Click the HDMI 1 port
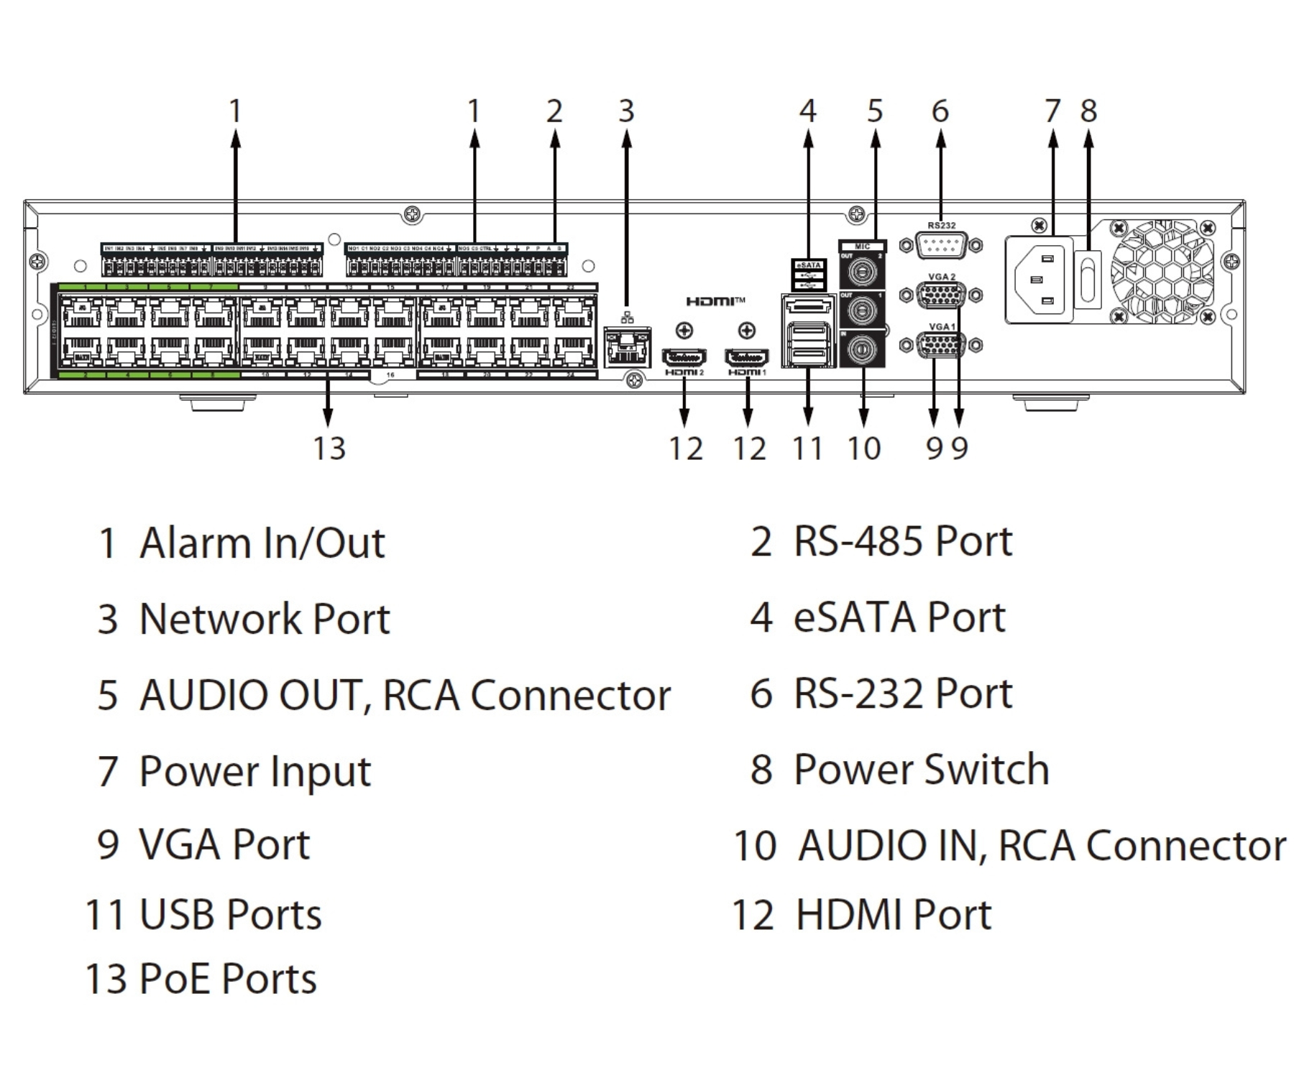[747, 356]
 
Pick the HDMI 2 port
[684, 356]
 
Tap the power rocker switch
[1088, 279]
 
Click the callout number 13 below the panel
[329, 448]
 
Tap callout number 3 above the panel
[626, 111]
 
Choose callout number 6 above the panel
[940, 111]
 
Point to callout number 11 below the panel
[807, 448]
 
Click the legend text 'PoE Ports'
[227, 979]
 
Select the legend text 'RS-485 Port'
[902, 541]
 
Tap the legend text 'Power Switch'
[921, 770]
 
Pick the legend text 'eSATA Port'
[899, 617]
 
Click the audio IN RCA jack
[861, 350]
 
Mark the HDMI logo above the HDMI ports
[715, 301]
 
